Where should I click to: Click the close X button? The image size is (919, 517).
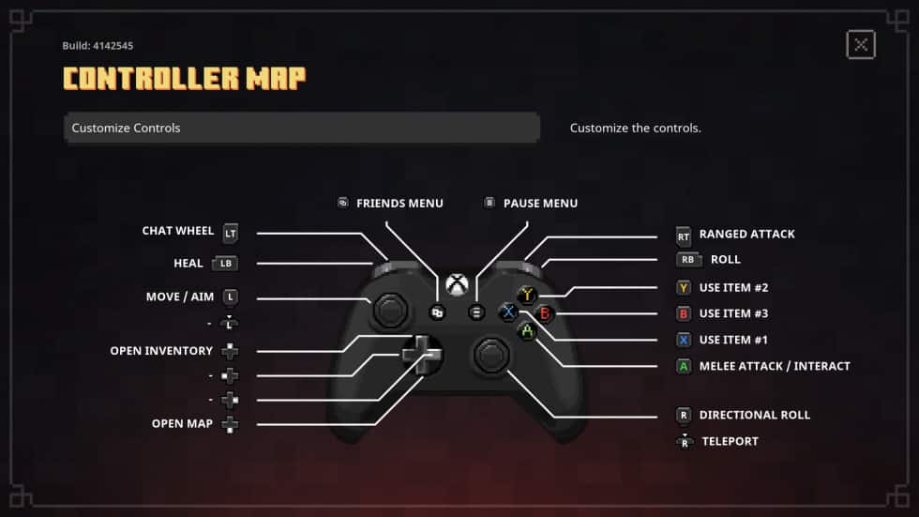point(860,44)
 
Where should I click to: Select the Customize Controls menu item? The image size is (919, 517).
point(301,128)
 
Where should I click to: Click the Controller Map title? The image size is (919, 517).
point(184,79)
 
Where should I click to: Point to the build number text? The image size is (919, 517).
point(91,45)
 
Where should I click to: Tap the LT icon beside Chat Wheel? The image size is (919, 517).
point(231,232)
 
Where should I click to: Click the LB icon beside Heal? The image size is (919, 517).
point(225,264)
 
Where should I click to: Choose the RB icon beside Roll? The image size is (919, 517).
point(688,260)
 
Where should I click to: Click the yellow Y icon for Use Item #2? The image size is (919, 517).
point(684,288)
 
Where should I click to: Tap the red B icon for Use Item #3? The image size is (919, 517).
point(684,314)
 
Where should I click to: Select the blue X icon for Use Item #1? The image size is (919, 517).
point(684,341)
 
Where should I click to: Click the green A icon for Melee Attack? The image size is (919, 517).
point(684,367)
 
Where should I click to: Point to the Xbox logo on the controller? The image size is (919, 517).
point(457,283)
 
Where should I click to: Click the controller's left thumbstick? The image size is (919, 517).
point(390,310)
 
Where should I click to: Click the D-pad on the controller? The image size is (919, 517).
point(421,355)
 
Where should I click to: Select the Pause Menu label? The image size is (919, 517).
point(540,204)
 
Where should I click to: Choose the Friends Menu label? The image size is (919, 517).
point(399,204)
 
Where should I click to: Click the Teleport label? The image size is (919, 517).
point(730,441)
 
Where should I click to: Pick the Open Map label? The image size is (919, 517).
point(182,424)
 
